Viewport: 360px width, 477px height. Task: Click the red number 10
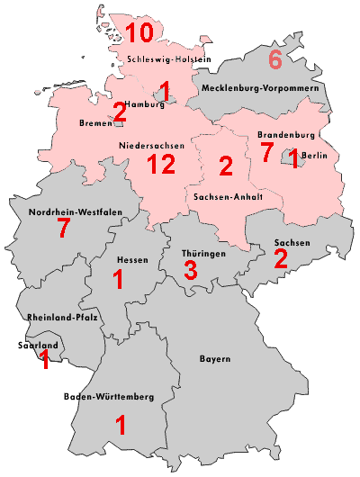139,33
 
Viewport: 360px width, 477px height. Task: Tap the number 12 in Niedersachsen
163,164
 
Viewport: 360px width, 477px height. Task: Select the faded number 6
275,61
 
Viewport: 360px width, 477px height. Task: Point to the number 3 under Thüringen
190,269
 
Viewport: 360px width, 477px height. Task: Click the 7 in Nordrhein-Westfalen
63,229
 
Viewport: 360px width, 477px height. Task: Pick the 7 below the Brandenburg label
265,152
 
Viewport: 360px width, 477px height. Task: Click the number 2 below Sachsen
281,259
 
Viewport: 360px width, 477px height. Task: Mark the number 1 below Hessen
118,280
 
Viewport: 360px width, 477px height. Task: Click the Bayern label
215,359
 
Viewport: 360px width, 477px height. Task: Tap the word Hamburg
146,103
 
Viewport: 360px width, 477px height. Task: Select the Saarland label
38,345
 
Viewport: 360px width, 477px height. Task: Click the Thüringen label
201,254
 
